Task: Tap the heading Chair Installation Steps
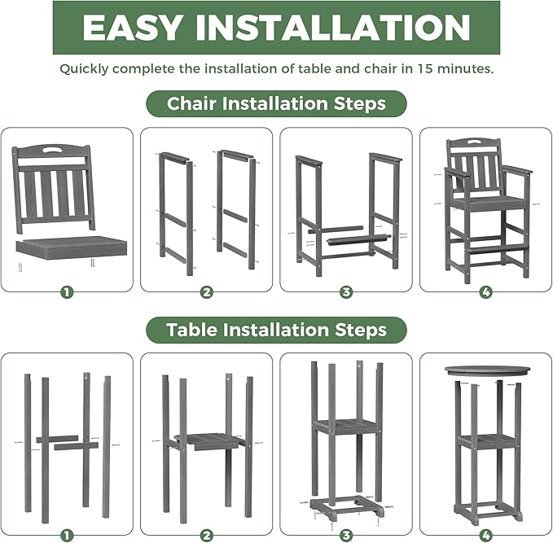(276, 104)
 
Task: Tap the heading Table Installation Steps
(276, 330)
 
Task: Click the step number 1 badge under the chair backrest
(66, 291)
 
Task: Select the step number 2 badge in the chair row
(207, 291)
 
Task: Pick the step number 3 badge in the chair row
(346, 291)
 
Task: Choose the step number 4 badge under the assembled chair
(485, 291)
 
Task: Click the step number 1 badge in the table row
(66, 535)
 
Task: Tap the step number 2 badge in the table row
(207, 535)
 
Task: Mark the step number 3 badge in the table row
(346, 535)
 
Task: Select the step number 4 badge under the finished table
(485, 535)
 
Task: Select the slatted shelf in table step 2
(208, 440)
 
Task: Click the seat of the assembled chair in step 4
(485, 202)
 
